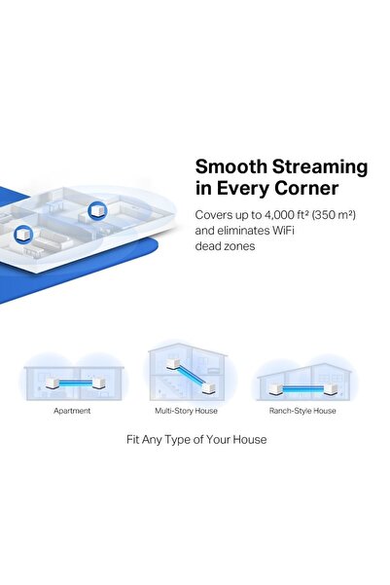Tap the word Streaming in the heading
coord(316,166)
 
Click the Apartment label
coord(72,411)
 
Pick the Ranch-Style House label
coord(302,411)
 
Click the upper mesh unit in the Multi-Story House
coord(172,365)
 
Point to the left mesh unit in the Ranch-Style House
coord(276,389)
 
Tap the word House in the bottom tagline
coord(248,440)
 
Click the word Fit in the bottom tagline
coord(135,440)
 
